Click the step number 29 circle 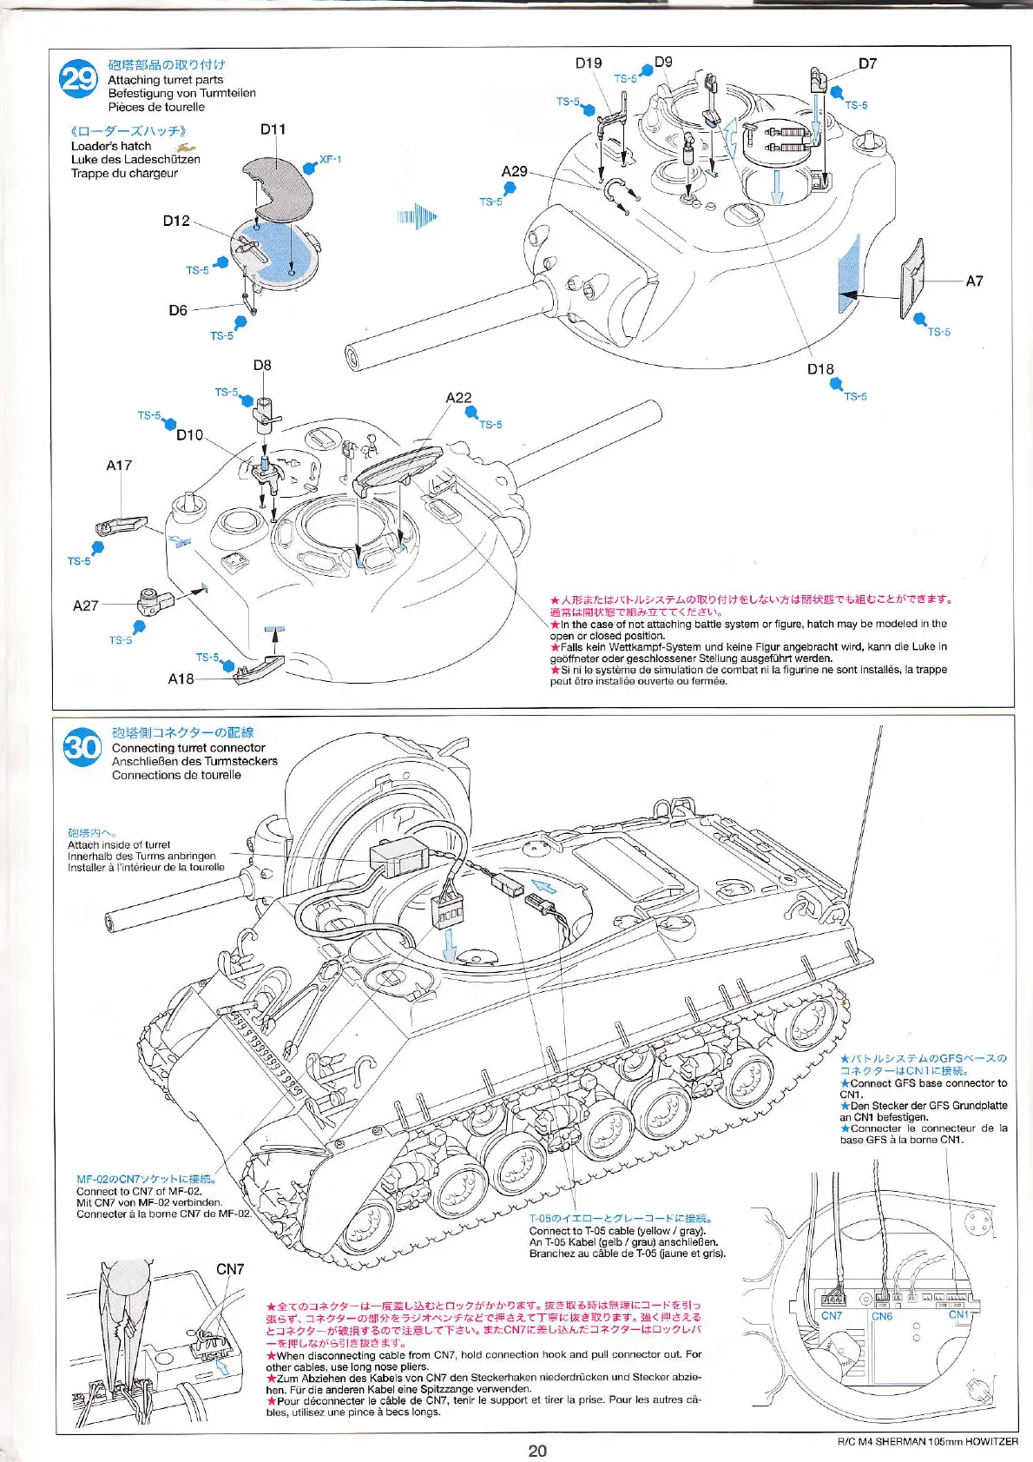click(79, 79)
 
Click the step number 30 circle click(82, 747)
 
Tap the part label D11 click(273, 129)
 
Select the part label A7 click(974, 281)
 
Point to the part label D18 click(819, 369)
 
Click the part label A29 click(514, 171)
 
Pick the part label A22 click(458, 398)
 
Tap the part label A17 click(119, 466)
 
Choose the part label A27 click(86, 605)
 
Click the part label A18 click(181, 678)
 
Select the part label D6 click(178, 310)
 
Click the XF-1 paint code click(330, 160)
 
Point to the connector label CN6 click(882, 1316)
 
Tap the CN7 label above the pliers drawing click(230, 1269)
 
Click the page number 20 click(537, 1450)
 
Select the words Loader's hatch click(111, 146)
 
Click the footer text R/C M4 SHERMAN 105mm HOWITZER click(927, 1442)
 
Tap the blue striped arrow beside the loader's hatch click(418, 216)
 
